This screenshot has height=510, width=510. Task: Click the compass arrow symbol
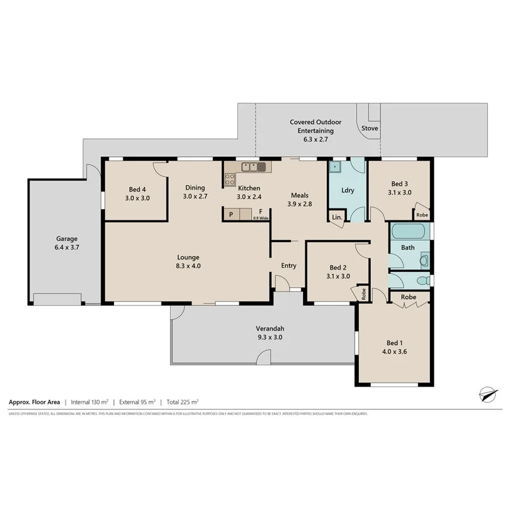click(x=487, y=393)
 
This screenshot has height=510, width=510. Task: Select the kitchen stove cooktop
click(x=230, y=180)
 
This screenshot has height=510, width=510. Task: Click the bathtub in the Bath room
click(x=409, y=231)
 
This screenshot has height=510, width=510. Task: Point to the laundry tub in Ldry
click(x=335, y=168)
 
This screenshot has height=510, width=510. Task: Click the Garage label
click(x=66, y=239)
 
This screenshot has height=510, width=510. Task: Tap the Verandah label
click(x=270, y=329)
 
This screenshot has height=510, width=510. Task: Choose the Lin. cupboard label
click(x=336, y=218)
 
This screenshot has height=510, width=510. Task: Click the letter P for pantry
click(x=231, y=215)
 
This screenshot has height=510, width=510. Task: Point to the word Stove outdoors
click(x=369, y=129)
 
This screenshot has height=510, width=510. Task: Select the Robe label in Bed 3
click(x=422, y=215)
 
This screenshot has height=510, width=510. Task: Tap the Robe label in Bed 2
click(x=363, y=294)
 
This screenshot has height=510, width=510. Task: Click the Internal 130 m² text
click(x=89, y=402)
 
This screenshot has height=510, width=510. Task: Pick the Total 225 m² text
click(x=182, y=402)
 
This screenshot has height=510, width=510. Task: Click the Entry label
click(x=288, y=265)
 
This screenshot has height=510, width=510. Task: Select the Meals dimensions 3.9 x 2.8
click(x=299, y=204)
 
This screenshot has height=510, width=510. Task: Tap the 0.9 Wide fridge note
click(x=260, y=218)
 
